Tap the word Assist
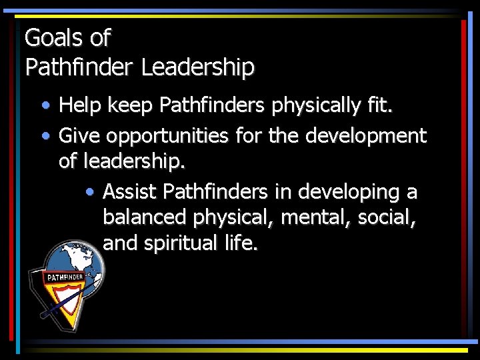click(130, 192)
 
